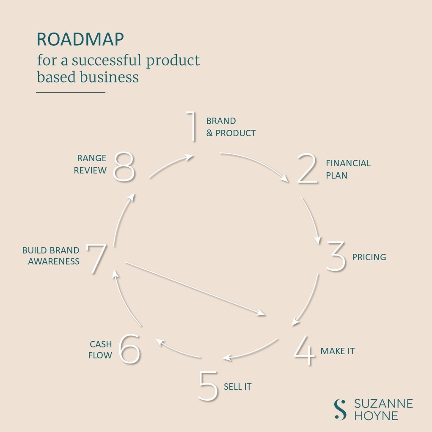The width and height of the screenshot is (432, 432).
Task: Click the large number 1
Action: tap(193, 127)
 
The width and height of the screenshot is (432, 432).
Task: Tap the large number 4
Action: tap(305, 351)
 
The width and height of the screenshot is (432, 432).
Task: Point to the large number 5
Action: tap(208, 386)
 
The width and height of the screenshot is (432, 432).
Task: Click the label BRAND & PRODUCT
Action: tap(231, 127)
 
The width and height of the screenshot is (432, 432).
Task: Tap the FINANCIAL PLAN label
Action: tap(348, 169)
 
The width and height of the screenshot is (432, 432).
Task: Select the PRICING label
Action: tap(369, 257)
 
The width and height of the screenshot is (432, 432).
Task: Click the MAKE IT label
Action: tap(337, 351)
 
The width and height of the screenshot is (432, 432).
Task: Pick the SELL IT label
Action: tap(238, 386)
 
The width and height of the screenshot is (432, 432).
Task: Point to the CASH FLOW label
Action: tap(100, 349)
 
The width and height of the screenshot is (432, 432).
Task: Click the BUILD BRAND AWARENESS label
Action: tap(51, 256)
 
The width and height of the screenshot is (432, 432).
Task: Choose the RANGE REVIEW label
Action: tap(91, 164)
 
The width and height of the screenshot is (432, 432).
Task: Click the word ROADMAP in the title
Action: tap(80, 39)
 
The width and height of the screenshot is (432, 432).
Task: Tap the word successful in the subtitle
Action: tap(107, 61)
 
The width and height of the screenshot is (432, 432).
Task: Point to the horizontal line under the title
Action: tap(70, 92)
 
